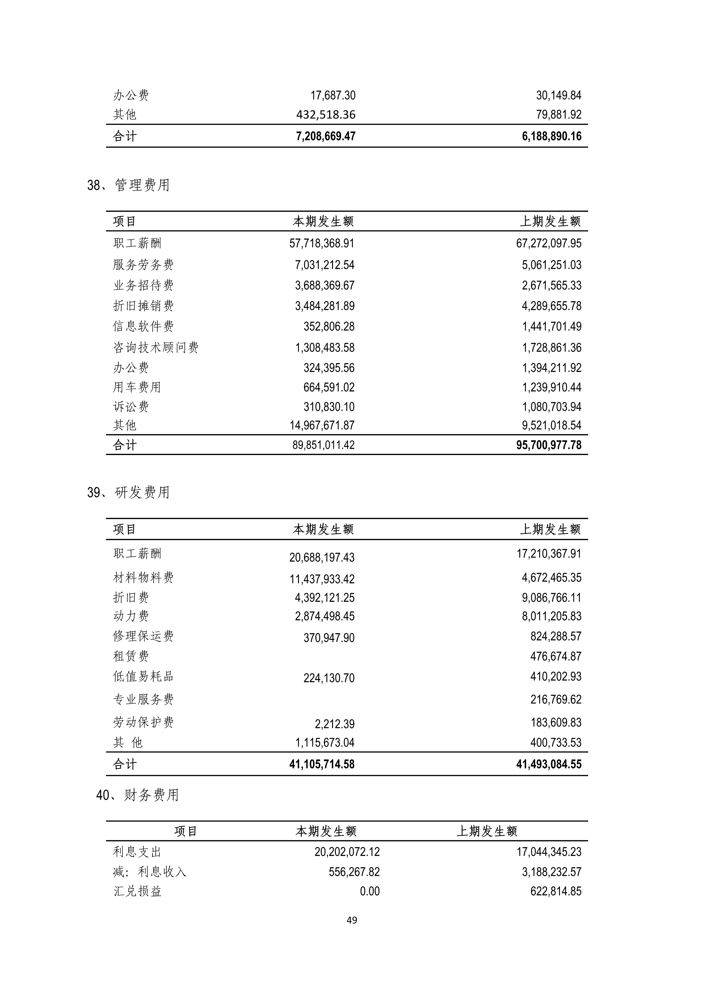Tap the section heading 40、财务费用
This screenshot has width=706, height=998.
point(137,795)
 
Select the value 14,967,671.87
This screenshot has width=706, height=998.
point(322,425)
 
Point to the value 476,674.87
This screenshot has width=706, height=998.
point(556,656)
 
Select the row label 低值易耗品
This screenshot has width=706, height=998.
point(143,676)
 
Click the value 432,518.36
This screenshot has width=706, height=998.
point(326,115)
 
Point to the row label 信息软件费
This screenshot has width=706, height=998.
point(143,326)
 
